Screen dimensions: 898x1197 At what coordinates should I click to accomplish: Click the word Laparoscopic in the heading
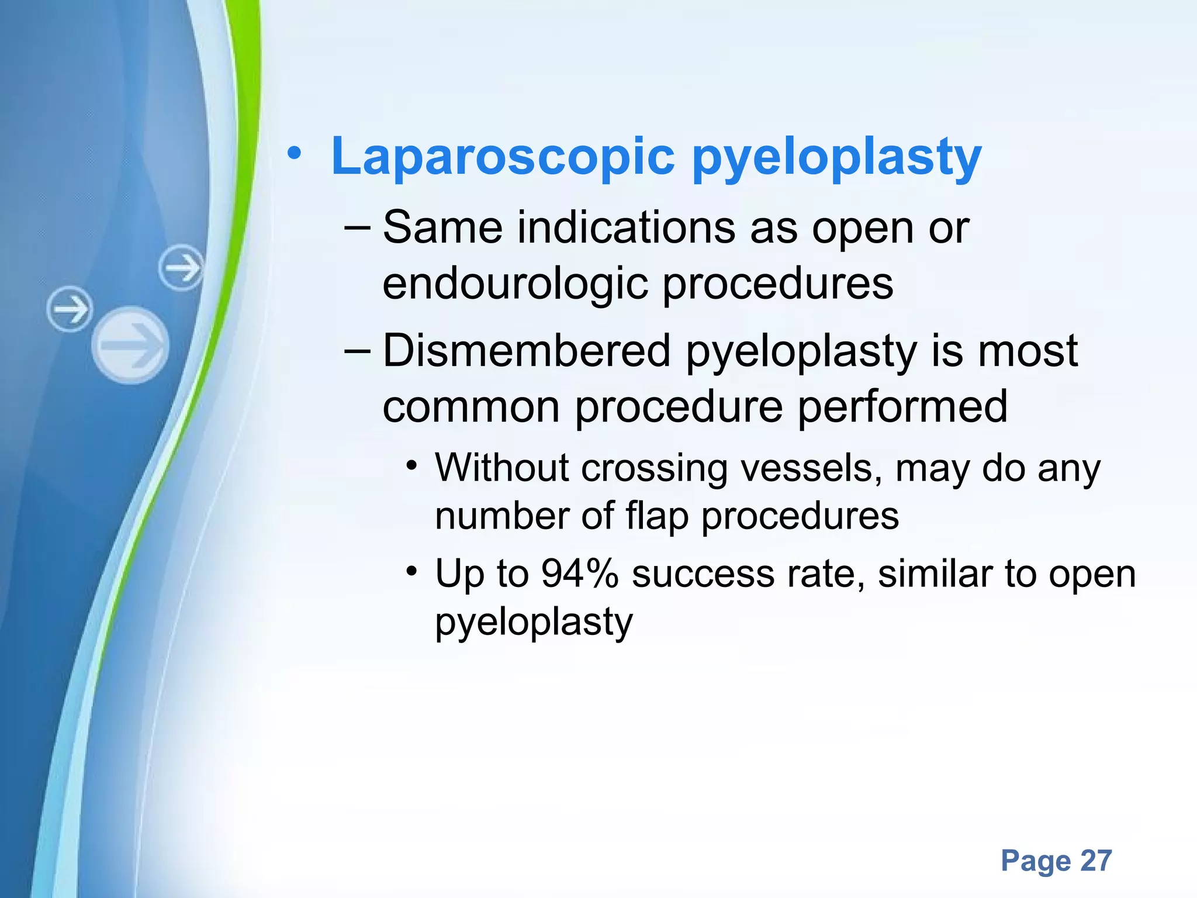[503, 157]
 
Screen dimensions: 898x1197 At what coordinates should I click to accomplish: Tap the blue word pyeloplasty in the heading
[836, 158]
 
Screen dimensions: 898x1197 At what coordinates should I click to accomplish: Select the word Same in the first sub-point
[442, 227]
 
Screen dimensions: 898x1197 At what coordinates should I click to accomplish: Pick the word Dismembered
[526, 351]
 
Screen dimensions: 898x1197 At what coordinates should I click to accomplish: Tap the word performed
[902, 407]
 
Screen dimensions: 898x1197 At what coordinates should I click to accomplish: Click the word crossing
[654, 469]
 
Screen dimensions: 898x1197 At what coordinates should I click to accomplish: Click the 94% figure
[579, 574]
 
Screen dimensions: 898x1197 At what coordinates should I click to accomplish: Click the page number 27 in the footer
[1096, 861]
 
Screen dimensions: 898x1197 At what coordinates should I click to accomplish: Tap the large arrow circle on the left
[130, 345]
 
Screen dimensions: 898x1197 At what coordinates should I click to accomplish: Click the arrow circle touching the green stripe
[182, 268]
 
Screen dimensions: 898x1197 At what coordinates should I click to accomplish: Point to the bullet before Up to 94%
[413, 571]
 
